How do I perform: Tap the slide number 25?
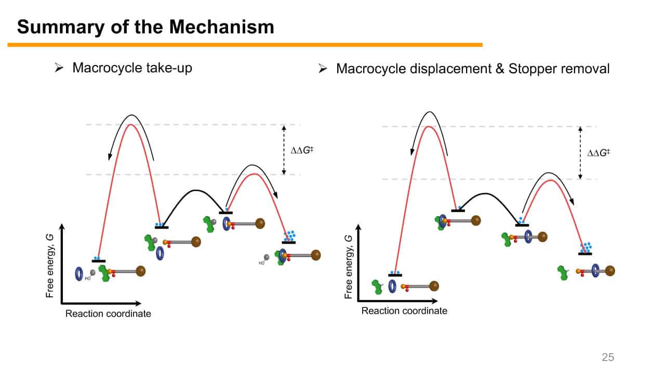607,357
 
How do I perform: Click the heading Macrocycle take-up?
132,68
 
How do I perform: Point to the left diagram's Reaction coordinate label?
108,314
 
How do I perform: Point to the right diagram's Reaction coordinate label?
404,311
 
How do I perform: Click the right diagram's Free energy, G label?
349,267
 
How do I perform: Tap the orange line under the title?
244,45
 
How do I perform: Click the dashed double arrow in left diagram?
284,150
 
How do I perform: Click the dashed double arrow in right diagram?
580,153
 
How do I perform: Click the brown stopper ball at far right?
610,271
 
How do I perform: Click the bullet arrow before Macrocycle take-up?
59,68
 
